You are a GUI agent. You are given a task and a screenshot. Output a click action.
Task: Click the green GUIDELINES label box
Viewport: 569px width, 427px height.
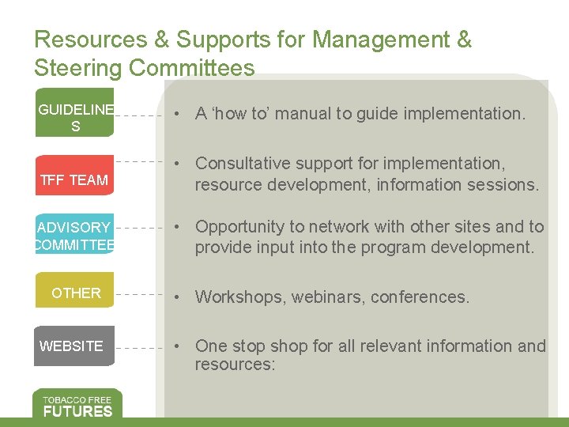coord(74,117)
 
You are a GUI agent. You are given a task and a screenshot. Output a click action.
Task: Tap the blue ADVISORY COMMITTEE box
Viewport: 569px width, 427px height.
coord(74,235)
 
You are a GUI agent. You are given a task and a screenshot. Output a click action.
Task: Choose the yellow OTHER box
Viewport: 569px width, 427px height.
coord(74,292)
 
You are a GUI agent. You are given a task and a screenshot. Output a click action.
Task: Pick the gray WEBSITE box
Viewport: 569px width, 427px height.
coord(74,346)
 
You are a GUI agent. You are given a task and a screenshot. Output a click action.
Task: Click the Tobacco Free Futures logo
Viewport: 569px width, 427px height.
coord(77,404)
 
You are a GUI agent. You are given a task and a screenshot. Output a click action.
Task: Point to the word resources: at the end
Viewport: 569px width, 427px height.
coord(235,365)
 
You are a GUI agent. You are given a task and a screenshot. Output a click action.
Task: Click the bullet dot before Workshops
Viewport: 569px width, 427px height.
coord(180,297)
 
